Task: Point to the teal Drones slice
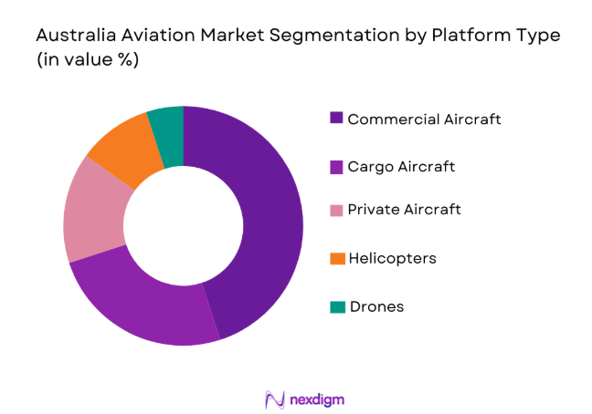point(167,123)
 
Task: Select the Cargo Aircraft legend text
point(401,166)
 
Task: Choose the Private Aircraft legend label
point(404,210)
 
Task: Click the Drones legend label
point(375,306)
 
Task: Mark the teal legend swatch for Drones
point(337,306)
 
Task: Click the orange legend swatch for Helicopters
point(337,258)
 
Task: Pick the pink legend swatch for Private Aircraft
point(337,211)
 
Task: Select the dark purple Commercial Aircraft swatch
point(337,119)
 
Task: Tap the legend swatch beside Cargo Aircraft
point(337,166)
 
